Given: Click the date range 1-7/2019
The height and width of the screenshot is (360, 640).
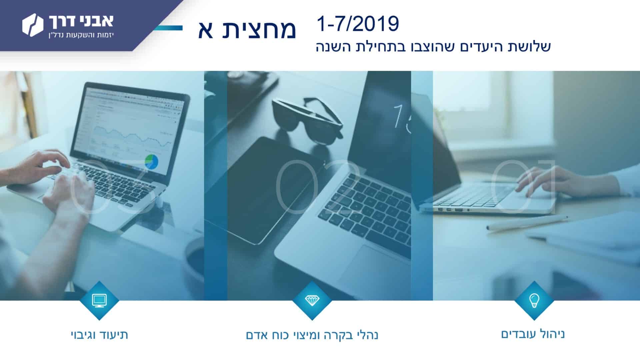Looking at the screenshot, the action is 358,24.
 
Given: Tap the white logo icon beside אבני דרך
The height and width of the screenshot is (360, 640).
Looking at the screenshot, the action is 33,25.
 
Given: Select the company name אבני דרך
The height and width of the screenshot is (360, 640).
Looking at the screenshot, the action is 81,21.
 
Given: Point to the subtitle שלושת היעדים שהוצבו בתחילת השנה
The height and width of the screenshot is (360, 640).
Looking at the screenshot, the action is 433,47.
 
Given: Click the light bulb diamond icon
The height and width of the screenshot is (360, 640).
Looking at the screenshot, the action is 534,300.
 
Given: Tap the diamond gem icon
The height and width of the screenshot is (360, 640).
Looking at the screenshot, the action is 312,300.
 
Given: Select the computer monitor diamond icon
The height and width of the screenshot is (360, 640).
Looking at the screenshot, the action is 99,300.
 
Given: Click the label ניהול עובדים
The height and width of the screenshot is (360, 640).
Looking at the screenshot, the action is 533,334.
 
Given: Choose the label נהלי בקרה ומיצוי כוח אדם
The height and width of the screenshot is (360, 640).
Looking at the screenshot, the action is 312,335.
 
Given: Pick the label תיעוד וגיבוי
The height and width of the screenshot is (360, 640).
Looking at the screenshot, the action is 99,335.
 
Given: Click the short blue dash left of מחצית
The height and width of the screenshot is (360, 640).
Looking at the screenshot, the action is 168,28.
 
